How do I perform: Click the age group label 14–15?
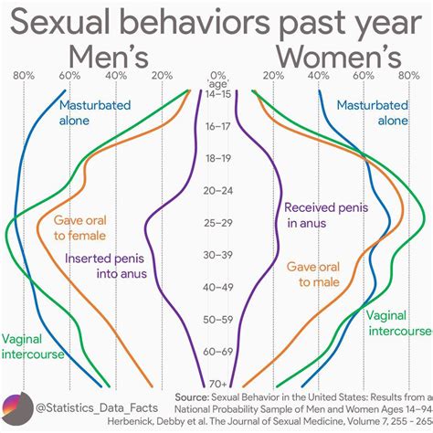click(217, 94)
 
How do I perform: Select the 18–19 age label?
click(217, 158)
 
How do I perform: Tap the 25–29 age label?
click(217, 222)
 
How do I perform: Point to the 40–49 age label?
click(217, 287)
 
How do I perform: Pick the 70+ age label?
click(217, 383)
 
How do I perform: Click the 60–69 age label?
click(217, 351)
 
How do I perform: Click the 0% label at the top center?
click(217, 76)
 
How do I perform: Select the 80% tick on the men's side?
click(25, 76)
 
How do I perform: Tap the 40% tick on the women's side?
click(318, 76)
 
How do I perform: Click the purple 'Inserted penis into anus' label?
click(105, 265)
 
